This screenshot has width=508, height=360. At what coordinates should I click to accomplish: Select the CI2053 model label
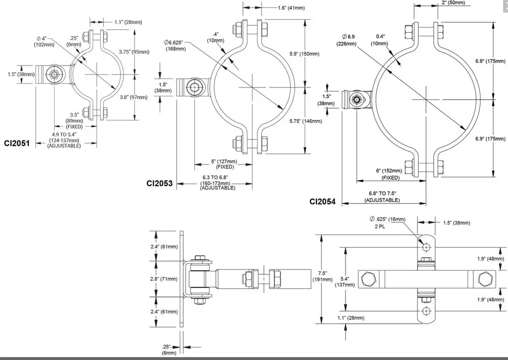coord(159,183)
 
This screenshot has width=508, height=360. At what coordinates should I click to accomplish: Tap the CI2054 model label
coord(322,202)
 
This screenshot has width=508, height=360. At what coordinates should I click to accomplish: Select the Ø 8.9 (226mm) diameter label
coord(349,40)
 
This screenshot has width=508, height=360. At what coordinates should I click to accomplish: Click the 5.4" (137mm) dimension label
coord(346,282)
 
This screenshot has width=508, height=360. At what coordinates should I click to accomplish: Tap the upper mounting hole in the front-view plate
coord(425,247)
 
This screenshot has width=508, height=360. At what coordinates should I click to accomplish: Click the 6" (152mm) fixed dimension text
coord(390,174)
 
